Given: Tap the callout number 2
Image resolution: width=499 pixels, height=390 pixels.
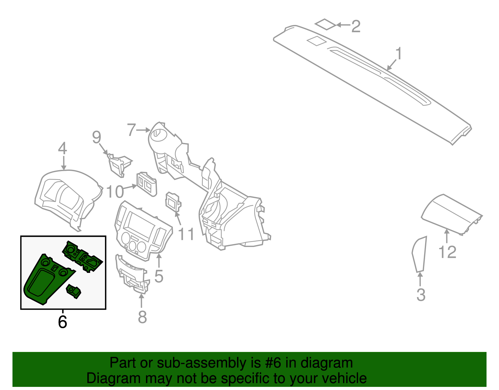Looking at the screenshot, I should (356, 26).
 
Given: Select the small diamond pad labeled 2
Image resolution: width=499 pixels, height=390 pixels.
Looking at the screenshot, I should (325, 24).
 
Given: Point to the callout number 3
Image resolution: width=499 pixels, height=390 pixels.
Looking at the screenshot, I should (421, 295).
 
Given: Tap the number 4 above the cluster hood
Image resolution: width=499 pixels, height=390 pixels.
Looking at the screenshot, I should (63, 148).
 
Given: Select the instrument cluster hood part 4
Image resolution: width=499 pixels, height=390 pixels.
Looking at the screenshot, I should (67, 197).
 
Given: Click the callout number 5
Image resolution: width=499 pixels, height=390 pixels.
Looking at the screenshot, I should (159, 276).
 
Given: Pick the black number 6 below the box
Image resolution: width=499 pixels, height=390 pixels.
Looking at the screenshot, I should (62, 322).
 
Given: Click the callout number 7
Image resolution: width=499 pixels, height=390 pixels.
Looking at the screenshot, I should (132, 130).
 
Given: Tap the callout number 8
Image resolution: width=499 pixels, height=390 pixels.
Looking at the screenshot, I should (142, 317).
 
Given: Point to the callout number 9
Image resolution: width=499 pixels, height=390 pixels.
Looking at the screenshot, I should (97, 137).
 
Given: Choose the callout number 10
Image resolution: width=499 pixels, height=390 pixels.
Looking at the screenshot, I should (115, 192).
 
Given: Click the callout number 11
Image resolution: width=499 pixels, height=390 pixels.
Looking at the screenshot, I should (186, 234).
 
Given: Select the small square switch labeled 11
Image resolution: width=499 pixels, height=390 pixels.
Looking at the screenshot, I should (172, 202).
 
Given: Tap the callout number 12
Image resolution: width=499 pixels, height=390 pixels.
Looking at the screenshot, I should (447, 252).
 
